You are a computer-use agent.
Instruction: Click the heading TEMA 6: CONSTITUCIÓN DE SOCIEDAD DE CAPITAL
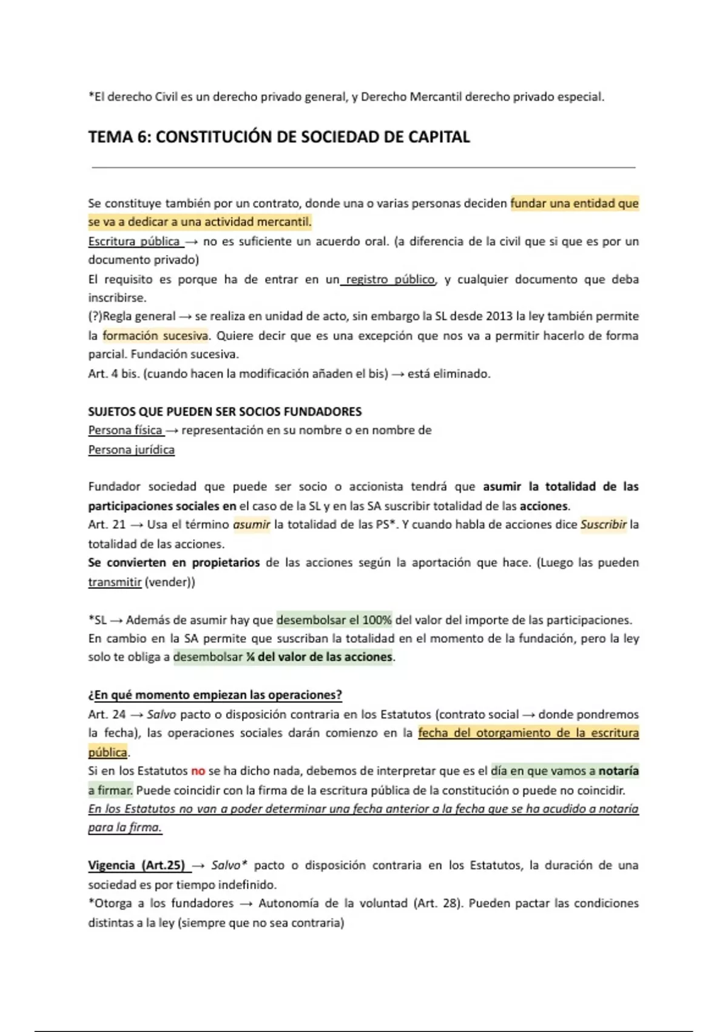tap(279, 137)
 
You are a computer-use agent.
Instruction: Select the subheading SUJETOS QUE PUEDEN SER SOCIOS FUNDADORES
tap(224, 412)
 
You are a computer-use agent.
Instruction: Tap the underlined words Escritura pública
tap(135, 242)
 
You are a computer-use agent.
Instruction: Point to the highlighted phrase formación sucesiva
tap(155, 336)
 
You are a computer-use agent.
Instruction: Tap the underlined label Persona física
tap(125, 430)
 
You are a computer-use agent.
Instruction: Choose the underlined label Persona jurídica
tap(131, 450)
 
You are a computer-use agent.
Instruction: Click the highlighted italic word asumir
tap(251, 524)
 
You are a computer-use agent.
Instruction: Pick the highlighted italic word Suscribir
tap(603, 524)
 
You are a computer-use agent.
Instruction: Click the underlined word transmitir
tap(115, 582)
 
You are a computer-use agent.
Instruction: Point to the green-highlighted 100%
tap(377, 620)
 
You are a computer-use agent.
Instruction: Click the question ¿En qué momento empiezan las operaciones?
tap(215, 695)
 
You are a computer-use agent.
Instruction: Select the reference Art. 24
tap(106, 715)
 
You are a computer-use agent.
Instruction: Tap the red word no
tap(198, 771)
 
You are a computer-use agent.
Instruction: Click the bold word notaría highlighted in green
tap(618, 771)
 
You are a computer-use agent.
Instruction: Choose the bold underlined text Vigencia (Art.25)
tap(136, 865)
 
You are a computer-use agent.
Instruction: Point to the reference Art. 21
tap(106, 524)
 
